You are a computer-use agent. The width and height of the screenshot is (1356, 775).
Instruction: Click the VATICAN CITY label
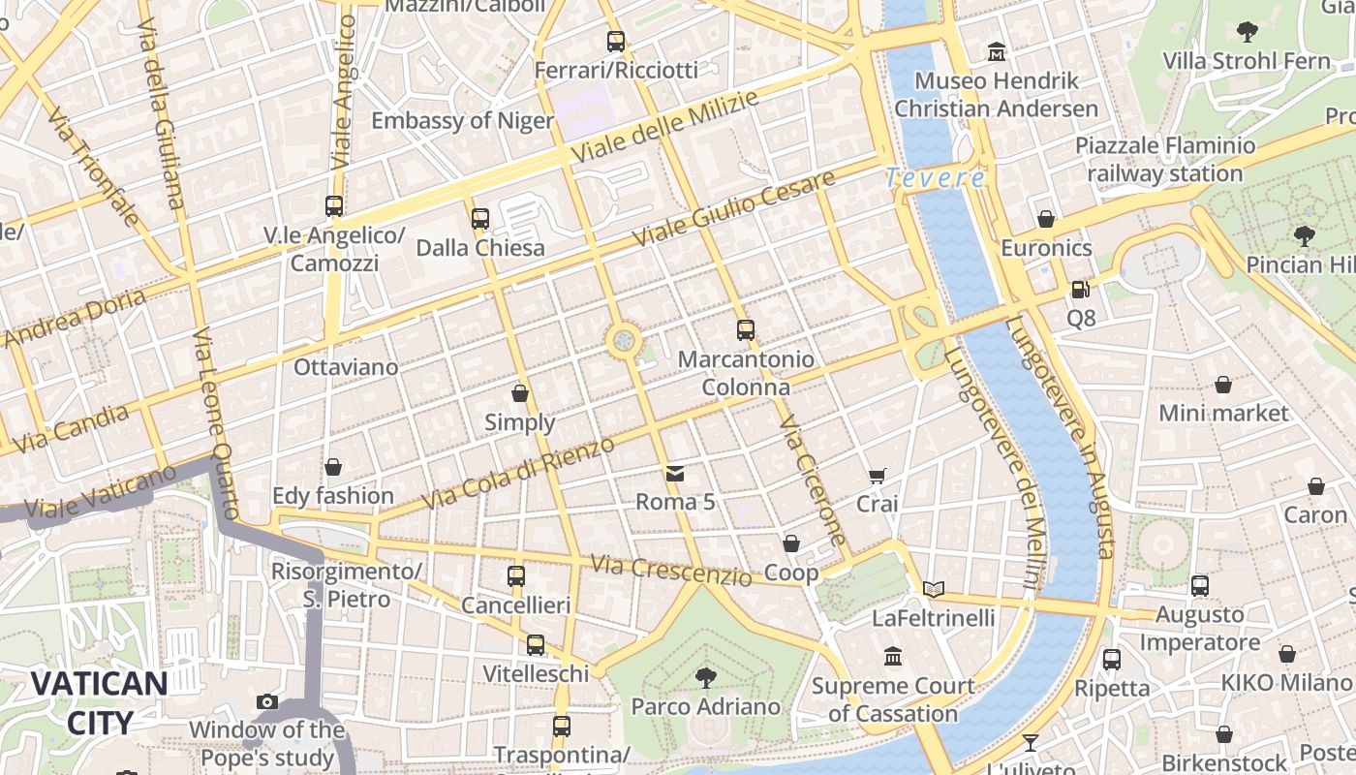tap(99, 702)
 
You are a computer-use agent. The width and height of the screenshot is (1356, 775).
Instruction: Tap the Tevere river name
tap(935, 178)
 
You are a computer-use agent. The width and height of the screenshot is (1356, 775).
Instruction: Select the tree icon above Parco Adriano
tap(706, 677)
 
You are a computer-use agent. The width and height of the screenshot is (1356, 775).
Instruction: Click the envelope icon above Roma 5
tap(675, 473)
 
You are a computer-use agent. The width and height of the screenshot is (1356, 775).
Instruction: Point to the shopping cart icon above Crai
tap(877, 475)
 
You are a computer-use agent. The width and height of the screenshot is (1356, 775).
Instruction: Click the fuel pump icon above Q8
tap(1080, 289)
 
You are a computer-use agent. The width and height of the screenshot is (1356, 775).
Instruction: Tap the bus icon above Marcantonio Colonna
tap(745, 330)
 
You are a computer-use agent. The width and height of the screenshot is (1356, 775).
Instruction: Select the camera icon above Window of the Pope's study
tap(267, 701)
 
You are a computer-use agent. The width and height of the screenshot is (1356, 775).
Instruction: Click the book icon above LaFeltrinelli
tap(934, 589)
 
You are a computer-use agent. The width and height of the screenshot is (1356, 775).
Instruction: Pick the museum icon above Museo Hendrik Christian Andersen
tap(997, 50)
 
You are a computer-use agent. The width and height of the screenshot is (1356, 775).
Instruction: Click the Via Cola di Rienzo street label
tap(520, 475)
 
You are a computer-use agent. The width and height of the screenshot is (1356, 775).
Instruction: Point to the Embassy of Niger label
tap(463, 121)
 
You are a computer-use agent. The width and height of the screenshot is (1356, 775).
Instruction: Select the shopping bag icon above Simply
tap(520, 393)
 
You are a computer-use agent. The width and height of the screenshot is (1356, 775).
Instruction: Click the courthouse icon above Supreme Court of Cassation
tap(893, 657)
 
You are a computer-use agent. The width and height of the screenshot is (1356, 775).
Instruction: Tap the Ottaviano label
tap(346, 367)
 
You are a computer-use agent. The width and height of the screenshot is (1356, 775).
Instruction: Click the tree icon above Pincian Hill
tap(1304, 235)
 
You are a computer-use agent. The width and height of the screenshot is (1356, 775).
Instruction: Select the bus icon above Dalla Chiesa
tap(480, 219)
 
